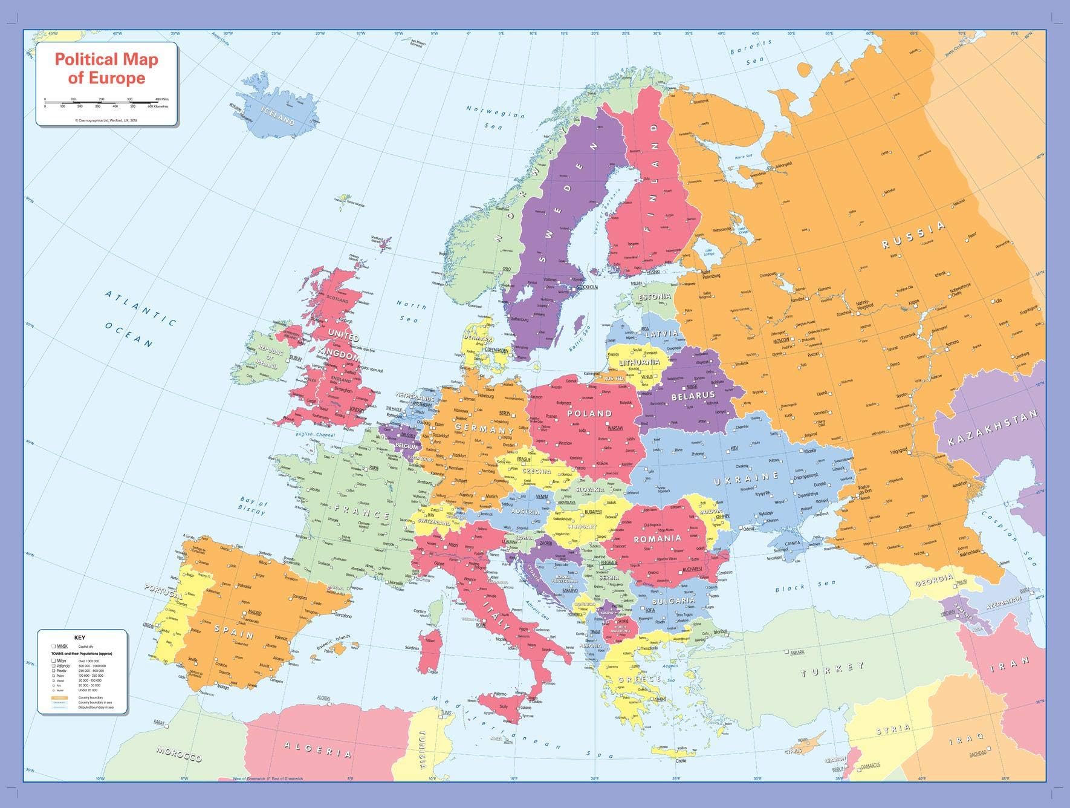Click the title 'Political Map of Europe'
[106, 68]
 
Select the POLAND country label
[589, 414]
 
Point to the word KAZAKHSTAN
[992, 427]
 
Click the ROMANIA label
[657, 538]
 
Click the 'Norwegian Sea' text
[494, 118]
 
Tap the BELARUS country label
[693, 396]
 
